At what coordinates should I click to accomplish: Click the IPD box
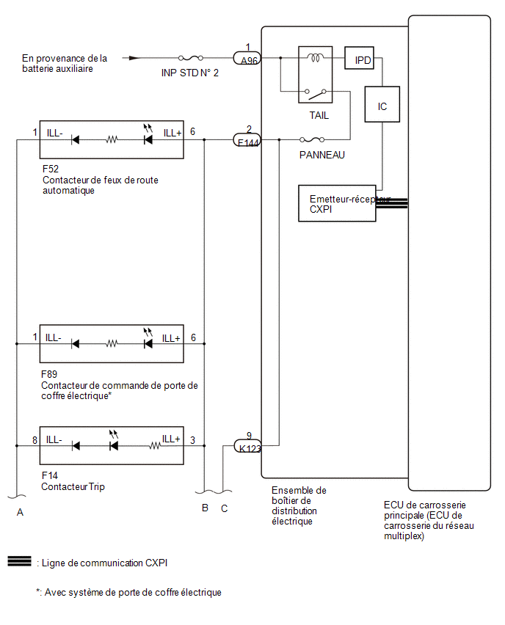359,58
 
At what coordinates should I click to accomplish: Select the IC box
382,104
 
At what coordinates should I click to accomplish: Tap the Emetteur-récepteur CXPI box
337,203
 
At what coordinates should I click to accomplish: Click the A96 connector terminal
247,58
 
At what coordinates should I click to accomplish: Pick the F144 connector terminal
247,140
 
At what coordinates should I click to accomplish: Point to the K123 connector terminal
247,446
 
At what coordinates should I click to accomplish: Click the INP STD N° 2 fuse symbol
191,58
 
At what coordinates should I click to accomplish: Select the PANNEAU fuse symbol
312,139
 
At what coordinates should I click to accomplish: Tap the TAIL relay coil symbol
315,58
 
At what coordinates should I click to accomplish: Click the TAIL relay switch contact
316,94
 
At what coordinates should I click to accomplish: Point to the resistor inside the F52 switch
112,139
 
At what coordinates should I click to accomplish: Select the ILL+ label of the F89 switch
171,338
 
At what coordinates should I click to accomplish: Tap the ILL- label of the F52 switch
54,133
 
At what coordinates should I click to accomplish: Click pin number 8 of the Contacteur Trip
34,440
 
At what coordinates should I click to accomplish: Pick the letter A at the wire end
20,512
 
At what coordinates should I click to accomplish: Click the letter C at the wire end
224,508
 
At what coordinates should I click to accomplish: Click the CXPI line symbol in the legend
19,561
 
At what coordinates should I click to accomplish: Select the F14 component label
49,475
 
